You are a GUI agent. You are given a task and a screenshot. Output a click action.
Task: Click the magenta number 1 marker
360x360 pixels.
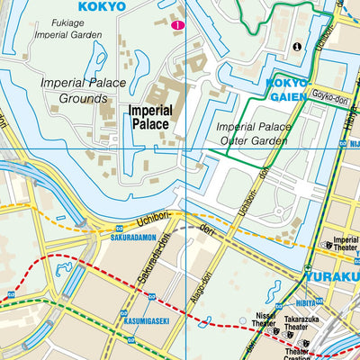[178, 25]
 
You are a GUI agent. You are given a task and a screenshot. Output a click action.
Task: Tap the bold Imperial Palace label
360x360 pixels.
[148, 114]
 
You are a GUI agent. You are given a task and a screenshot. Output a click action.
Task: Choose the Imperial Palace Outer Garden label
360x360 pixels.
[255, 133]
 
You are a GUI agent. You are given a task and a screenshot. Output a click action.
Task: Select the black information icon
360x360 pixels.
[297, 46]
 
